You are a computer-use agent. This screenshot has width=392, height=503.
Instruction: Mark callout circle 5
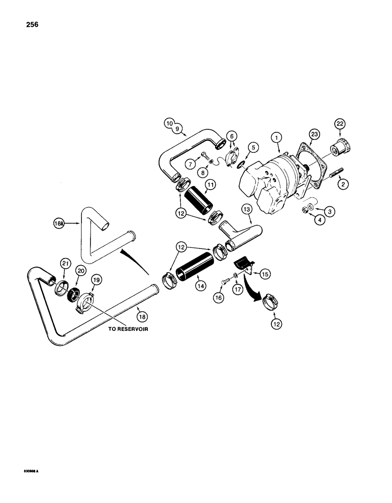pyautogui.click(x=253, y=147)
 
